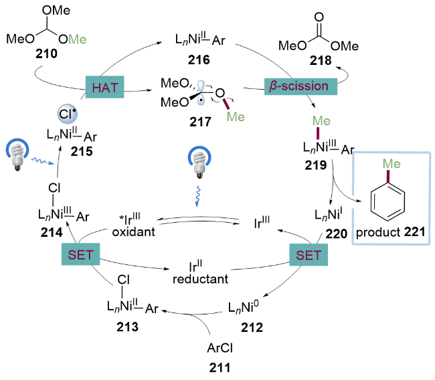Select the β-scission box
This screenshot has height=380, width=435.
click(294, 87)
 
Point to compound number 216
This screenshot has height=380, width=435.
click(199, 60)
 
